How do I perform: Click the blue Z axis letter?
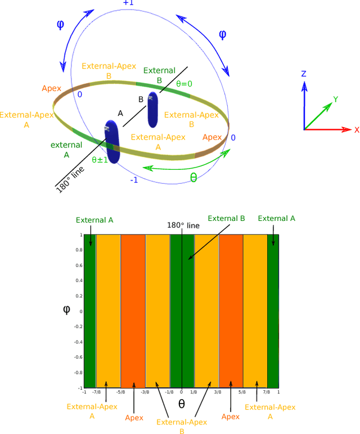pyautogui.click(x=304, y=74)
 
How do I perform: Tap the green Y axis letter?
pyautogui.click(x=335, y=100)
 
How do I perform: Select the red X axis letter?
pyautogui.click(x=357, y=130)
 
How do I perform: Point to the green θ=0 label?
pyautogui.click(x=184, y=83)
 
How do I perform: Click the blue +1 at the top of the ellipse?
pyautogui.click(x=129, y=3)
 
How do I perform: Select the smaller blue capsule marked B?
pyautogui.click(x=153, y=110)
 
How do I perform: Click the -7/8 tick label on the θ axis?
pyautogui.click(x=96, y=392)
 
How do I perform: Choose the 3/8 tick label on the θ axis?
pyautogui.click(x=218, y=392)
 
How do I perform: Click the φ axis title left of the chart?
pyautogui.click(x=66, y=308)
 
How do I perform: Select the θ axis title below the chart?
pyautogui.click(x=181, y=404)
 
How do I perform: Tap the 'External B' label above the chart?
pyautogui.click(x=226, y=218)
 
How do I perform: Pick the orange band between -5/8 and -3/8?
pyautogui.click(x=133, y=311)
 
